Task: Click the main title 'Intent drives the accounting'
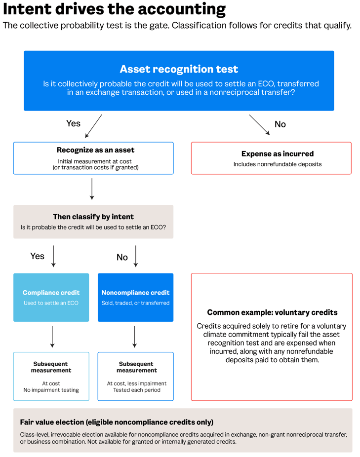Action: coord(114,9)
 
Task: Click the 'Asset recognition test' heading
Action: coord(179,69)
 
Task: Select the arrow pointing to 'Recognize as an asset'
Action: coord(93,126)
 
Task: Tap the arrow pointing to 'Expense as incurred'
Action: coord(259,125)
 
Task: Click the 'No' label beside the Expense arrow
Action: coord(280,124)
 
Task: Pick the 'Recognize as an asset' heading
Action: coord(95,150)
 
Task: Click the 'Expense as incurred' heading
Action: coord(278,153)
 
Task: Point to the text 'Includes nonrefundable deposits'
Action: coord(278,164)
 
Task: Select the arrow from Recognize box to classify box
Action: coord(92,189)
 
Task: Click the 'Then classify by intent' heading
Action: coord(93,217)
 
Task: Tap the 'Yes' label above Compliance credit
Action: coord(38,256)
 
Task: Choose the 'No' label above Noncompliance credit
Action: coord(122,257)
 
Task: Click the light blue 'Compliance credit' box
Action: coord(51,297)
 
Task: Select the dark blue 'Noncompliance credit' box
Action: coord(135,297)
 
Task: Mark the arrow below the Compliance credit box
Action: coord(52,337)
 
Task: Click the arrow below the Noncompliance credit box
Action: coord(134,337)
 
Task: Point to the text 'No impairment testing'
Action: coord(51,390)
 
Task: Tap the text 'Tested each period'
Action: coord(137,390)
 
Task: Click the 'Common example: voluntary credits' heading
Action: coord(272,312)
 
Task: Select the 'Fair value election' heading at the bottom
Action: coord(117,422)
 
